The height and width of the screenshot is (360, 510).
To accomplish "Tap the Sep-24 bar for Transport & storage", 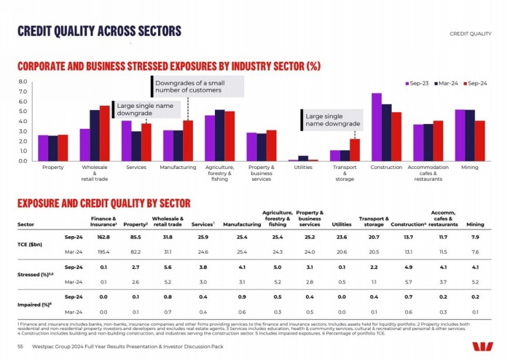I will click(x=355, y=150).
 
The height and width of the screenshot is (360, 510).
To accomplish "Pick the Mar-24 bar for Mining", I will click(x=470, y=136).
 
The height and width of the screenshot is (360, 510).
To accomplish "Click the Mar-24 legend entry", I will click(x=446, y=83).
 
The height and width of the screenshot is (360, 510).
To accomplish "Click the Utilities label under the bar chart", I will click(x=302, y=168).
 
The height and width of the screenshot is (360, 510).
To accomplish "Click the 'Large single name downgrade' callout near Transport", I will click(x=331, y=120).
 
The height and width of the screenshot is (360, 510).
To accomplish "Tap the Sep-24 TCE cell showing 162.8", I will click(x=103, y=238).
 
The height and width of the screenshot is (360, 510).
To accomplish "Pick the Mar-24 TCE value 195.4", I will click(x=103, y=251).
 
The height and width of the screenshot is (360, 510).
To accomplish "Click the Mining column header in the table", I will click(x=475, y=224).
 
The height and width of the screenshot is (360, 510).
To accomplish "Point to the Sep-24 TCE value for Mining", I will click(x=475, y=238).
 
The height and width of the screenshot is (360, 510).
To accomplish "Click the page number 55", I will click(x=20, y=346).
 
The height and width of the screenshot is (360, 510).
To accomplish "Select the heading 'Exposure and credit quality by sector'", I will click(x=104, y=203).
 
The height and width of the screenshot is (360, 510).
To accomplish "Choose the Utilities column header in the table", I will click(x=342, y=224).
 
